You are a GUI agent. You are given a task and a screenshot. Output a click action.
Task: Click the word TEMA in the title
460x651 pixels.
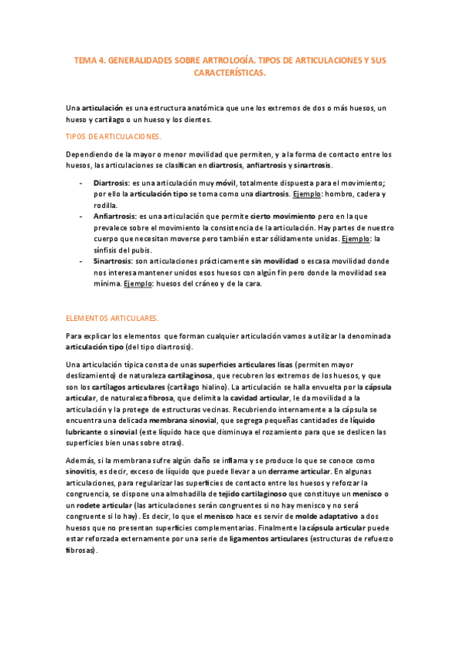click(x=84, y=59)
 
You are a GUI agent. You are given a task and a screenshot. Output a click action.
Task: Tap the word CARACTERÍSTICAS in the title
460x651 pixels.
click(x=229, y=73)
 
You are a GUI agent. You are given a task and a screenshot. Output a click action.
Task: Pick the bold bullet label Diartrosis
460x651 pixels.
click(x=111, y=184)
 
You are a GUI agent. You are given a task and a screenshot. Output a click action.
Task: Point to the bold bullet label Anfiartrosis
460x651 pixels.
click(x=114, y=217)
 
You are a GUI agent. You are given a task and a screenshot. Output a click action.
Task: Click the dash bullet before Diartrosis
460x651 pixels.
click(x=81, y=184)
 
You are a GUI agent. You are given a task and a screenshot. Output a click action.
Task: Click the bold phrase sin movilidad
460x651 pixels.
click(x=275, y=261)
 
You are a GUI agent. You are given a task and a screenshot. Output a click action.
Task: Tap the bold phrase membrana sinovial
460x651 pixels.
click(x=183, y=421)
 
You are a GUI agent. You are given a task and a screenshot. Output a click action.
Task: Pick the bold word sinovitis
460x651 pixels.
click(x=81, y=471)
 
